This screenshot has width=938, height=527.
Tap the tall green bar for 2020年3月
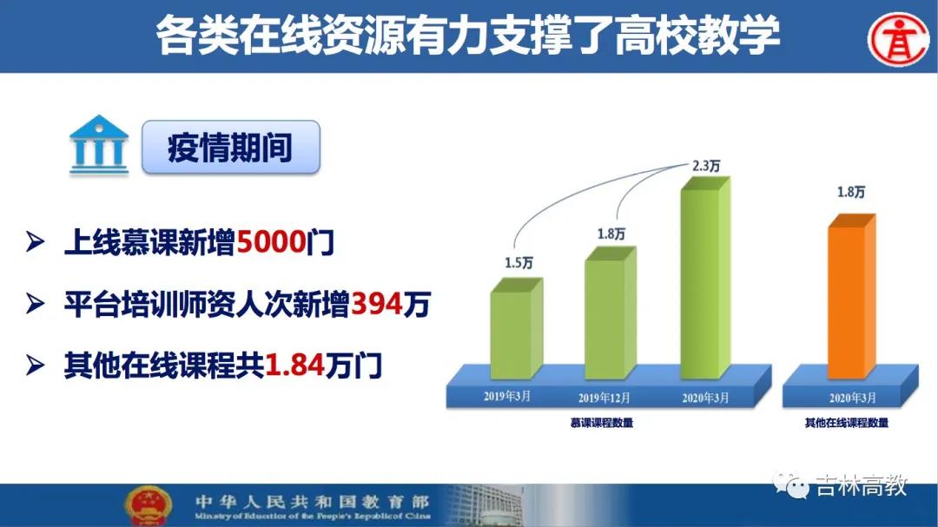tap(706, 278)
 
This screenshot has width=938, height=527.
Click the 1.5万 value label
tap(519, 262)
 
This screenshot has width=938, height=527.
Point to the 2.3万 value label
tap(706, 166)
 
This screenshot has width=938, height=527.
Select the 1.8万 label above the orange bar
tap(850, 192)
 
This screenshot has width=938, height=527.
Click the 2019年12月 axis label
tap(604, 398)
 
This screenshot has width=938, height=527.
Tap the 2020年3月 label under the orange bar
tap(853, 398)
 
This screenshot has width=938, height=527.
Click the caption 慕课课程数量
tap(602, 423)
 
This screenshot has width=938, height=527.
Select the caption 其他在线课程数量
tap(847, 423)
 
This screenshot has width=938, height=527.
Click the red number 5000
tap(272, 242)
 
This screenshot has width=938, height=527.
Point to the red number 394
tap(376, 304)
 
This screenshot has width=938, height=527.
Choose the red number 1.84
tap(294, 365)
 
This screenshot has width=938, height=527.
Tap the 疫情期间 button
tap(231, 147)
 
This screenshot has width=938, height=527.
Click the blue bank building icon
tap(99, 145)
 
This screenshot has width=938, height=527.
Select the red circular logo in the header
tap(899, 39)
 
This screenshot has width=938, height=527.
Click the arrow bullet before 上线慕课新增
tap(36, 242)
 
